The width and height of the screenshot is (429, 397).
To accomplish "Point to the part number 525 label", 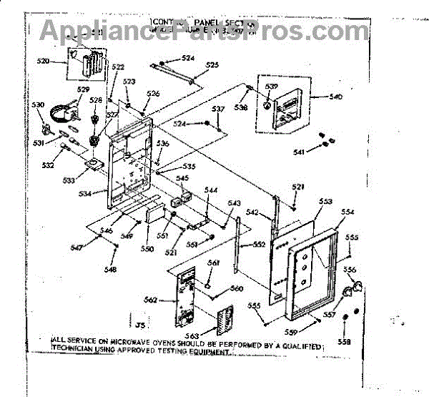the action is [212, 65].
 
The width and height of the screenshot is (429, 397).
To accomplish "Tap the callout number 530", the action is [38, 105].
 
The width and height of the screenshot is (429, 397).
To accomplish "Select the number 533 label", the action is [69, 181].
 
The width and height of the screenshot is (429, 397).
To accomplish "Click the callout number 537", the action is [218, 109].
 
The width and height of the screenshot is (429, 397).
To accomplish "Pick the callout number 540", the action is [335, 97].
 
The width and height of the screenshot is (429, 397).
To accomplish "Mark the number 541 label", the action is [299, 152].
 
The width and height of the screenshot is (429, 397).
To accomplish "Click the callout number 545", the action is [182, 178].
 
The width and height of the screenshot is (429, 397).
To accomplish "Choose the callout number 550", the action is [147, 248].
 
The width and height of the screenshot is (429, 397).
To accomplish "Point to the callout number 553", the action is [326, 202].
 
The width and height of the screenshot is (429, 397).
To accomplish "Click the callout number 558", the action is [345, 342].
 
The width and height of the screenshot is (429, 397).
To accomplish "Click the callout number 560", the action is [237, 289].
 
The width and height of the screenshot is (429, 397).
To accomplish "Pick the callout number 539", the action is [271, 87].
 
